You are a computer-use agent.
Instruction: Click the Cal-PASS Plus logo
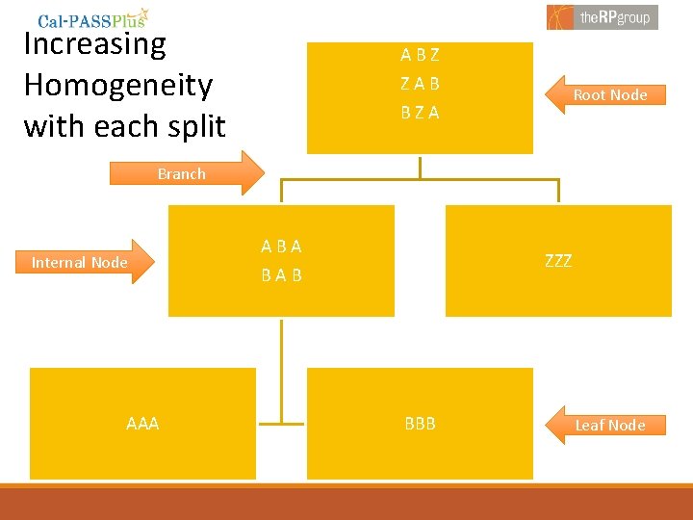click(93, 18)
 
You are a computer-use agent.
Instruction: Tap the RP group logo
click(603, 16)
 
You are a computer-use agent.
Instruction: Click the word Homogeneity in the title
click(117, 85)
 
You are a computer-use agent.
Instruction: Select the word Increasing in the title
click(94, 43)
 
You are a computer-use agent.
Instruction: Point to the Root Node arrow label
click(608, 94)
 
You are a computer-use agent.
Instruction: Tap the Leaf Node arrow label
click(608, 425)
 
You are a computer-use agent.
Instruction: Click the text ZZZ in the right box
click(558, 261)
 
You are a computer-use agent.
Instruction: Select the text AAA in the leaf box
click(142, 424)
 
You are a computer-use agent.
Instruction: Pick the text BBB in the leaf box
click(420, 424)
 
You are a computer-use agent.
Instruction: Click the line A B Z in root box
click(420, 56)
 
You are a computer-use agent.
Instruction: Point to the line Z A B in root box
click(420, 84)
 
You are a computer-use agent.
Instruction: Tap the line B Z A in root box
click(420, 113)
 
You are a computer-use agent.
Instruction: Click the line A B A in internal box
click(281, 247)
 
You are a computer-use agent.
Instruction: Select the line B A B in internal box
click(281, 275)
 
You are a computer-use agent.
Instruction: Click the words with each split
click(124, 126)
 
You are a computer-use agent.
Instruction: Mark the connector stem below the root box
click(420, 166)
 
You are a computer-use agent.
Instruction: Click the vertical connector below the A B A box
click(281, 366)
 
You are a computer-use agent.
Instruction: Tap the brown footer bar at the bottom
click(346, 504)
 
